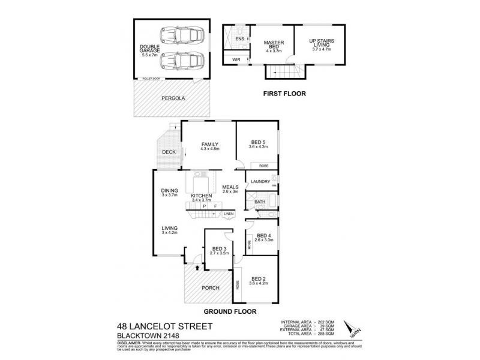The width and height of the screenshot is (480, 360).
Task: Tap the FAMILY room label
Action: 209,144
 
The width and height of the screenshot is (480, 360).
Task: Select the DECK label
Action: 168,152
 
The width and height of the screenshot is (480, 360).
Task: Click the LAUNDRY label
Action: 260,181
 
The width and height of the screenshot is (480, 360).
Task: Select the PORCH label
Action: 211,288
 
